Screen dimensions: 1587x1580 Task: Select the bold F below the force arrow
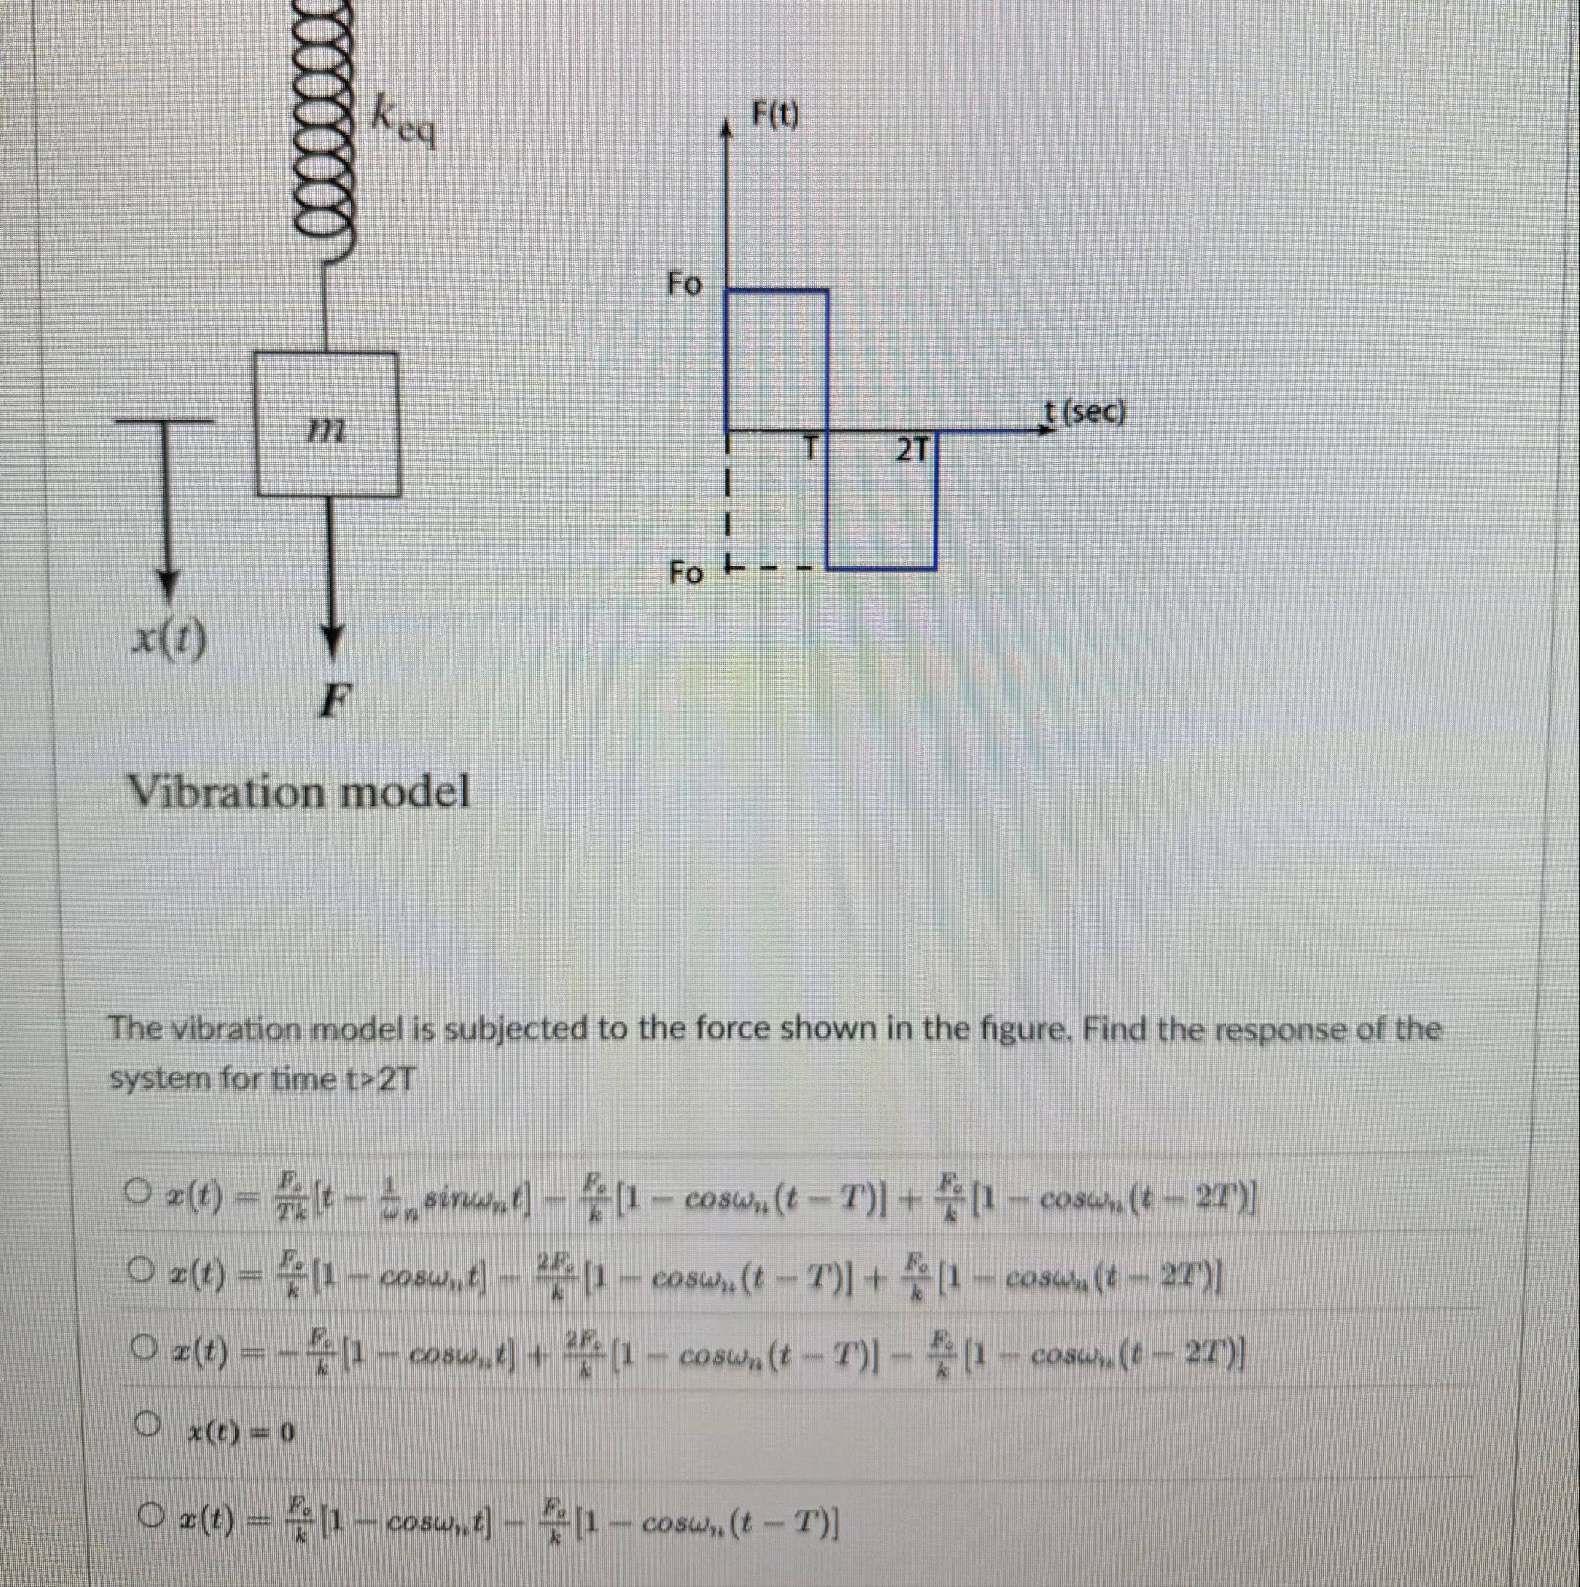pos(333,702)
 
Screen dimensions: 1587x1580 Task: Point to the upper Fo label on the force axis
pos(684,284)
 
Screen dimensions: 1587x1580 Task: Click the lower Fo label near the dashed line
pos(685,572)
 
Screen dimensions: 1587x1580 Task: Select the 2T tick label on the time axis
pos(913,450)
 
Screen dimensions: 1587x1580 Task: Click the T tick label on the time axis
pos(812,448)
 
